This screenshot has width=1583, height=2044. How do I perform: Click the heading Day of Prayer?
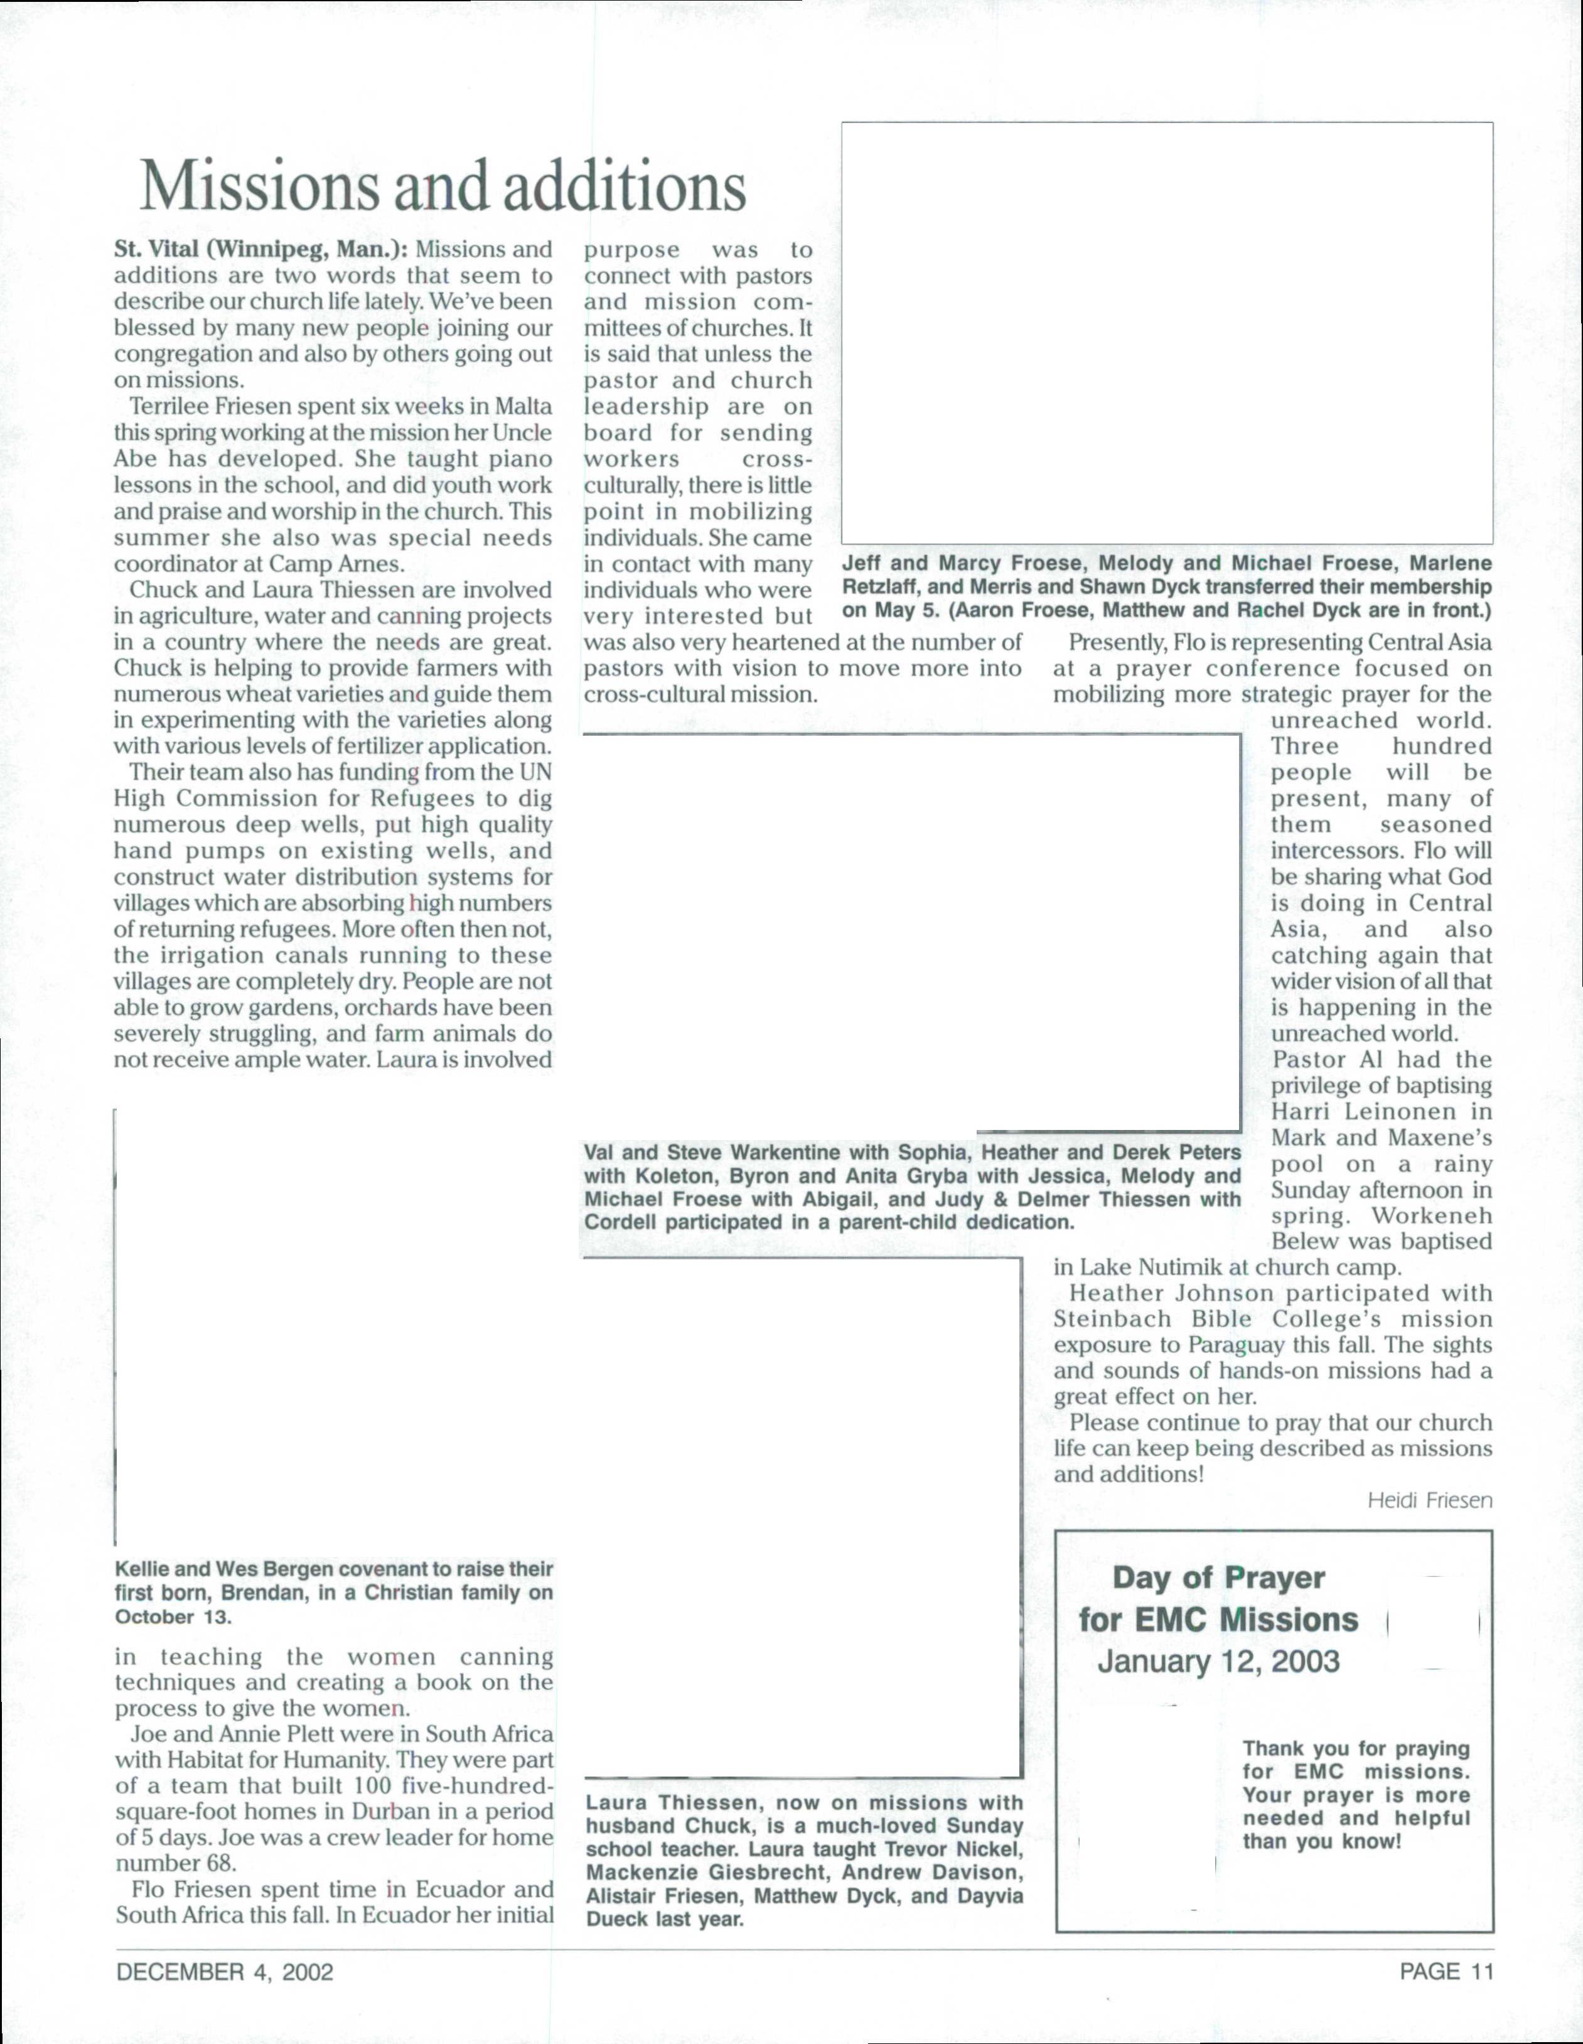[1218, 1578]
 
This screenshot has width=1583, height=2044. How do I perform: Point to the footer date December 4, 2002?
[225, 1972]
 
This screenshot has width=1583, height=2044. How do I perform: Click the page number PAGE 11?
[1446, 1971]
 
